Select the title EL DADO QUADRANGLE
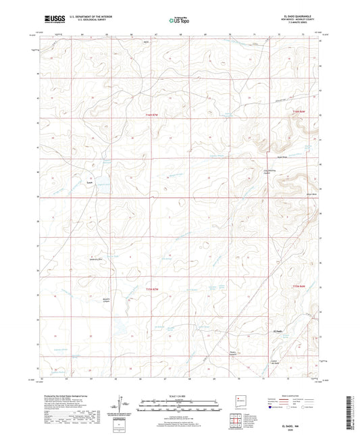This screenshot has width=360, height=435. click(x=291, y=16)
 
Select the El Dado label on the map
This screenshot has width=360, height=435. click(x=278, y=351)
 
